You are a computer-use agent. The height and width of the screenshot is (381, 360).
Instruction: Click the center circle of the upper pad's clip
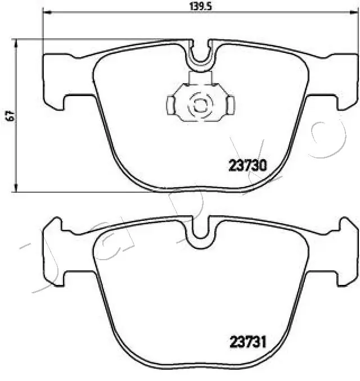(x=200, y=105)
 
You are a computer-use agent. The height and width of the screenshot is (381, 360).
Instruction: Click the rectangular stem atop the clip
(x=200, y=78)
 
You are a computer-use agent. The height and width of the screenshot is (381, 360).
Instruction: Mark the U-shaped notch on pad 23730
(x=200, y=54)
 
